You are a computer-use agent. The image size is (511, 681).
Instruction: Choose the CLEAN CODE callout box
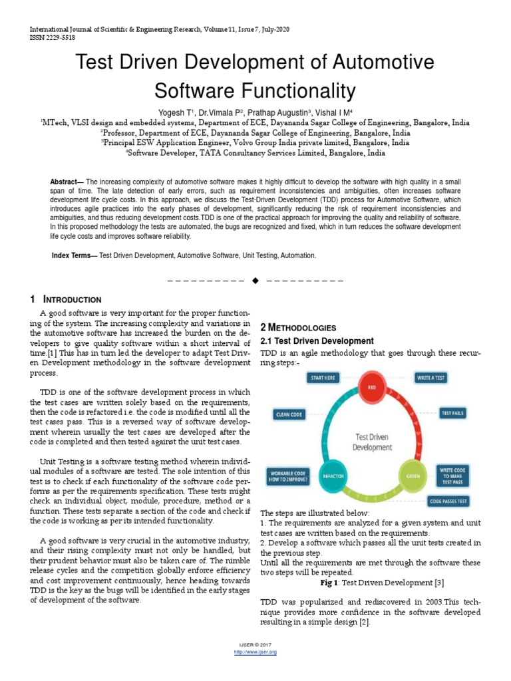click(289, 414)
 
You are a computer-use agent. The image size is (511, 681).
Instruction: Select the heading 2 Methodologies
click(298, 328)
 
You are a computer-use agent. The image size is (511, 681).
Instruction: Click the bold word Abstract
click(65, 182)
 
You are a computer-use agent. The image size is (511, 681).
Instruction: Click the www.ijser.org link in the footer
click(255, 652)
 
